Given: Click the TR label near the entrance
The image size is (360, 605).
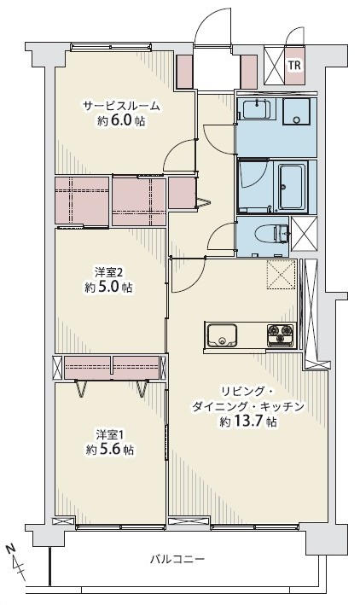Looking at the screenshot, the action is [294, 65].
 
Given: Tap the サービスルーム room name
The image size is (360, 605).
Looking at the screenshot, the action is [121, 106].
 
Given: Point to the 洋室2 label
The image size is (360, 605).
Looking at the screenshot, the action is [109, 273].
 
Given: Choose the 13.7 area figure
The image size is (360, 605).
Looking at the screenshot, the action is [250, 422].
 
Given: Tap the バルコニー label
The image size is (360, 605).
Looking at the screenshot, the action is [177, 559].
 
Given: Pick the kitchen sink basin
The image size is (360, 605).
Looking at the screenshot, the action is [223, 335].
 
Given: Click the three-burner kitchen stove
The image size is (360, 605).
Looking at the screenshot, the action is [281, 334].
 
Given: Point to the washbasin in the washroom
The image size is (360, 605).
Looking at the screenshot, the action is [257, 108].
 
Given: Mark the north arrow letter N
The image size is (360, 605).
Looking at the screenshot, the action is [11, 549].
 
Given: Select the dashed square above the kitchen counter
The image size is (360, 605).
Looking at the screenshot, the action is [282, 274].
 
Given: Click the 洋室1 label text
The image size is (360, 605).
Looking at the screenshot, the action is [109, 435].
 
